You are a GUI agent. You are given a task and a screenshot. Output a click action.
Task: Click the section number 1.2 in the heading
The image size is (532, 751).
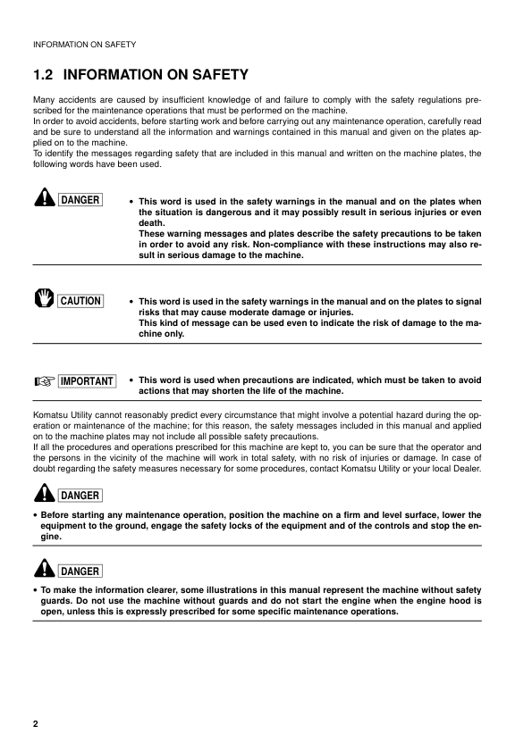click(x=43, y=75)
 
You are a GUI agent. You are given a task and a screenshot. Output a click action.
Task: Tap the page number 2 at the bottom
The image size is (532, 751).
click(x=35, y=722)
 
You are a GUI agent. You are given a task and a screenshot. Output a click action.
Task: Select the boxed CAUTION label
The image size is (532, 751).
click(x=80, y=301)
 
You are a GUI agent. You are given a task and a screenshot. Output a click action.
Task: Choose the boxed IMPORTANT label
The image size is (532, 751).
click(x=86, y=381)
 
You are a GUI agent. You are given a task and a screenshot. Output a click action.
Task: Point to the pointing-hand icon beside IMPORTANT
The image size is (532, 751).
click(x=42, y=381)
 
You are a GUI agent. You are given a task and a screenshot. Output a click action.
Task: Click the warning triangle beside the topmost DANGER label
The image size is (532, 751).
click(x=42, y=199)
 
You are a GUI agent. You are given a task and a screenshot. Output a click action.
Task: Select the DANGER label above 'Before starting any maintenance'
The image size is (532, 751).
click(x=80, y=495)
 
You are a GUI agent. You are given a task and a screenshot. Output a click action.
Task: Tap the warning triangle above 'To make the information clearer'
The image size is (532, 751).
click(x=42, y=569)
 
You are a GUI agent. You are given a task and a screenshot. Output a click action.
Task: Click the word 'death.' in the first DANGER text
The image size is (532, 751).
click(x=155, y=224)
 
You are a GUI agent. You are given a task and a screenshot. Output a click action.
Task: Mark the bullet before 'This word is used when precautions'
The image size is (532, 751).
click(x=131, y=380)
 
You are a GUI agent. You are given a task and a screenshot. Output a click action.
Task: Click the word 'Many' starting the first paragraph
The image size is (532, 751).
click(x=43, y=99)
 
